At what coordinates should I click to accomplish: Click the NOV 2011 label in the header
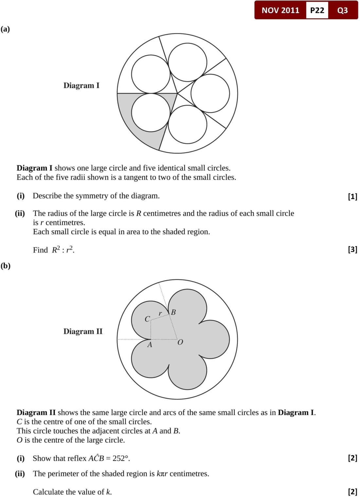(x=280, y=10)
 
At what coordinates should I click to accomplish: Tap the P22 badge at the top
(x=317, y=10)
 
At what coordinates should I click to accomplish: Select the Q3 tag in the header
(x=342, y=10)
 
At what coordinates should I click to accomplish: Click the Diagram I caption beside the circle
(x=81, y=85)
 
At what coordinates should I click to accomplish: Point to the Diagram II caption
(x=83, y=331)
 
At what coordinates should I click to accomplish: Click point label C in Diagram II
(x=147, y=319)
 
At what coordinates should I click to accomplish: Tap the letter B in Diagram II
(x=173, y=312)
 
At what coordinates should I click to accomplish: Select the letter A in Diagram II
(x=150, y=345)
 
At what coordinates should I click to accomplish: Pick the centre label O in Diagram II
(x=180, y=342)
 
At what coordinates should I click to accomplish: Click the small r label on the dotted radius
(x=160, y=314)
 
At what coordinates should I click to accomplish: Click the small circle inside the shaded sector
(x=151, y=112)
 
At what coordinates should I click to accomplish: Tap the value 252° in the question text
(x=121, y=458)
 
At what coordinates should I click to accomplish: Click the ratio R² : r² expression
(x=63, y=250)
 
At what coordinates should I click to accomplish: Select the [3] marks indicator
(x=352, y=249)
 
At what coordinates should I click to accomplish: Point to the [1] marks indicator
(x=352, y=196)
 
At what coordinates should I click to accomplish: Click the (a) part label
(x=5, y=29)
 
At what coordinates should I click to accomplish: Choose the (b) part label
(x=5, y=266)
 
